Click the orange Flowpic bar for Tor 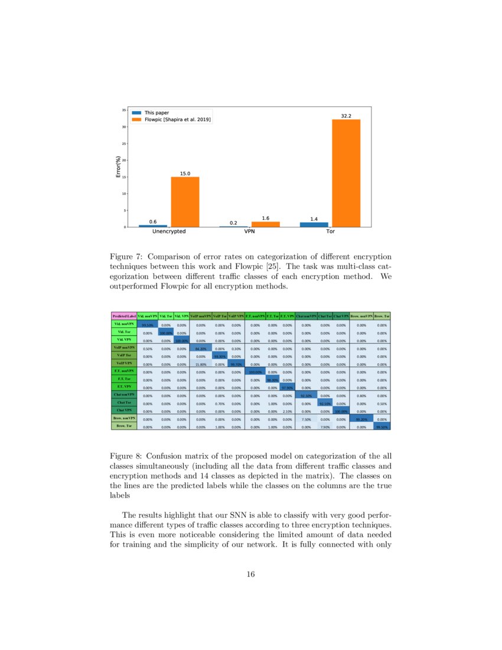tap(346, 173)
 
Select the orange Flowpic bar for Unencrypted tap(185, 201)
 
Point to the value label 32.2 tap(346, 116)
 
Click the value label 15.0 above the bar tap(185, 173)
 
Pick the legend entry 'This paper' tap(156, 112)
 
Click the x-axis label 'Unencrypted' tap(169, 232)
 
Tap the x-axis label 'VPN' tap(249, 232)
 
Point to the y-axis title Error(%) tap(119, 168)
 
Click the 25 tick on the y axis tap(123, 144)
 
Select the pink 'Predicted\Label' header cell tap(124, 316)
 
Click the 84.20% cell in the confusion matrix tap(200, 349)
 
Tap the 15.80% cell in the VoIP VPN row tap(200, 365)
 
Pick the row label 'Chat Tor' tap(124, 402)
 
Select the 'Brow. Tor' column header tap(382, 316)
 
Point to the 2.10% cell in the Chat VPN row tap(287, 410)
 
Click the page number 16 tap(250, 574)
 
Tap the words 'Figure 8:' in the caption tap(126, 456)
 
